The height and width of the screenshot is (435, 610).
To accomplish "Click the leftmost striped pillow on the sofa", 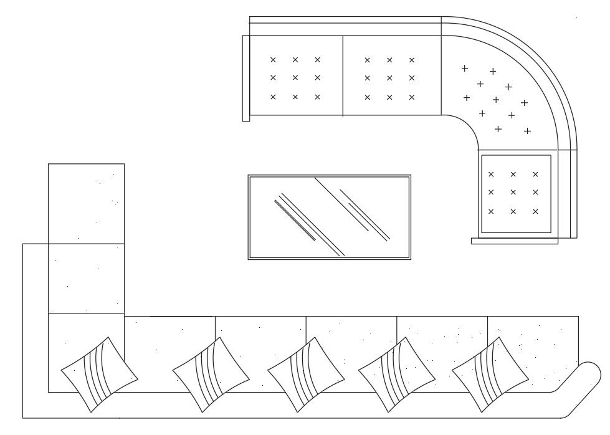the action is [99, 375].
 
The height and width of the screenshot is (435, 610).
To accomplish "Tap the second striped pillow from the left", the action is [211, 375].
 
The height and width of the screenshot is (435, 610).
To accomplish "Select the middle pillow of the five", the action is [306, 375].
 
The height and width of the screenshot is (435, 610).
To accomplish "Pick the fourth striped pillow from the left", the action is [397, 375].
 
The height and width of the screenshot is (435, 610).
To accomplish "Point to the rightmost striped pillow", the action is [490, 375].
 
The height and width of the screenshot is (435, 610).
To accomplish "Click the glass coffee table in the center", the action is [329, 217].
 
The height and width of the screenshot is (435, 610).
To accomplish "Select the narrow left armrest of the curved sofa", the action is [246, 78].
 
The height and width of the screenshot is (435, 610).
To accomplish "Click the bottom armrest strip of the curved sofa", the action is [514, 241].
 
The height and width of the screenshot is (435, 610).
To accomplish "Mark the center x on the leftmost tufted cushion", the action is [295, 78].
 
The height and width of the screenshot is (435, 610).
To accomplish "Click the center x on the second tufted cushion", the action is [389, 78].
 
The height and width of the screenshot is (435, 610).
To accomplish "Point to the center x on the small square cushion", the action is [513, 193].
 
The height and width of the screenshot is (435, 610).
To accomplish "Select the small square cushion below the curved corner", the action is [516, 194].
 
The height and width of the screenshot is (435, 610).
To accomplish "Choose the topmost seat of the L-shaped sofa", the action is [86, 203].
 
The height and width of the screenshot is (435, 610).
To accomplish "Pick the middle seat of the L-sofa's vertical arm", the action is [86, 278].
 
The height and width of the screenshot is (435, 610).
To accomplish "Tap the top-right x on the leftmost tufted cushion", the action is [318, 60].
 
